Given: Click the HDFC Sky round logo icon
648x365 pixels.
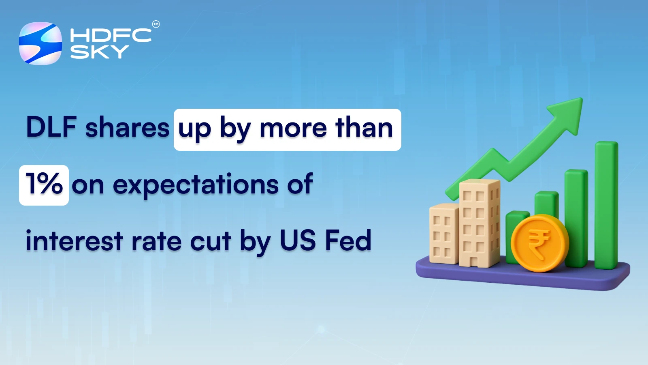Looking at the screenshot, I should (40, 43).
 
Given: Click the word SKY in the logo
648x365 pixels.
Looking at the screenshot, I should (100, 52).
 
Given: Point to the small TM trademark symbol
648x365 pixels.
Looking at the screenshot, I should (156, 24).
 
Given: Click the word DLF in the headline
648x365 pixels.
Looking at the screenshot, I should (51, 127).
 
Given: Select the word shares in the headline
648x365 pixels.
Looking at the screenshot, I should (127, 128).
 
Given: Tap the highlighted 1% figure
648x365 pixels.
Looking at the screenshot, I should (44, 185).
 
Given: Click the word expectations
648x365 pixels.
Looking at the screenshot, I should (196, 185).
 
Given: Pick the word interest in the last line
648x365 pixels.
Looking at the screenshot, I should (74, 241).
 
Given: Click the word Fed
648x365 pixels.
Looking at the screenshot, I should (348, 240).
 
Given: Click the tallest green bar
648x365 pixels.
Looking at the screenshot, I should (606, 205).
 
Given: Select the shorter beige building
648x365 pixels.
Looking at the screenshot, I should (443, 234).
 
